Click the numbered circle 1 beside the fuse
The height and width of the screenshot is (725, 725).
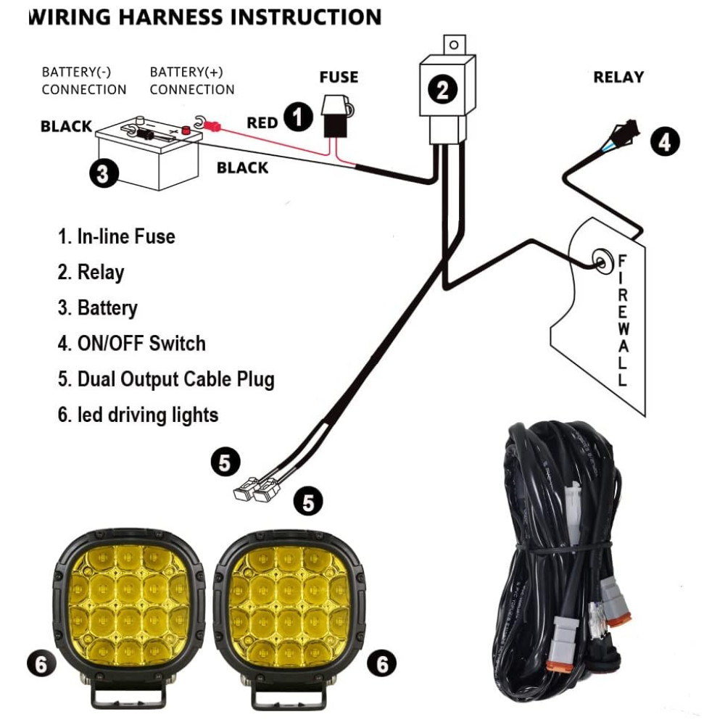(x=297, y=116)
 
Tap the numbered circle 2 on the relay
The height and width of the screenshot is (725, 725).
(x=442, y=90)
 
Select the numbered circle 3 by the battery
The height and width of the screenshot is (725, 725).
(x=103, y=174)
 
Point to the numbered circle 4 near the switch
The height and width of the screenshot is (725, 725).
(x=664, y=141)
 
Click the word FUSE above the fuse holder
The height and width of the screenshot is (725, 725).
(x=339, y=77)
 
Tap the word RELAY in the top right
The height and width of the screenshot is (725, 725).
(x=618, y=77)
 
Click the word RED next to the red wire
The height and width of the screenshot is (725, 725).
(x=262, y=123)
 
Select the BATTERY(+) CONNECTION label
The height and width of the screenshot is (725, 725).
(x=192, y=81)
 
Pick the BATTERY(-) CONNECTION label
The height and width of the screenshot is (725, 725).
(x=83, y=81)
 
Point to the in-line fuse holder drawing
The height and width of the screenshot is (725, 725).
(x=336, y=116)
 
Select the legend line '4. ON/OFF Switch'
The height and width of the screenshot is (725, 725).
(x=132, y=343)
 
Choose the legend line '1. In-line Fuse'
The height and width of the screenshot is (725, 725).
(x=117, y=236)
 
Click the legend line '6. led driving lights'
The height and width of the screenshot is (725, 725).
(x=138, y=415)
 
